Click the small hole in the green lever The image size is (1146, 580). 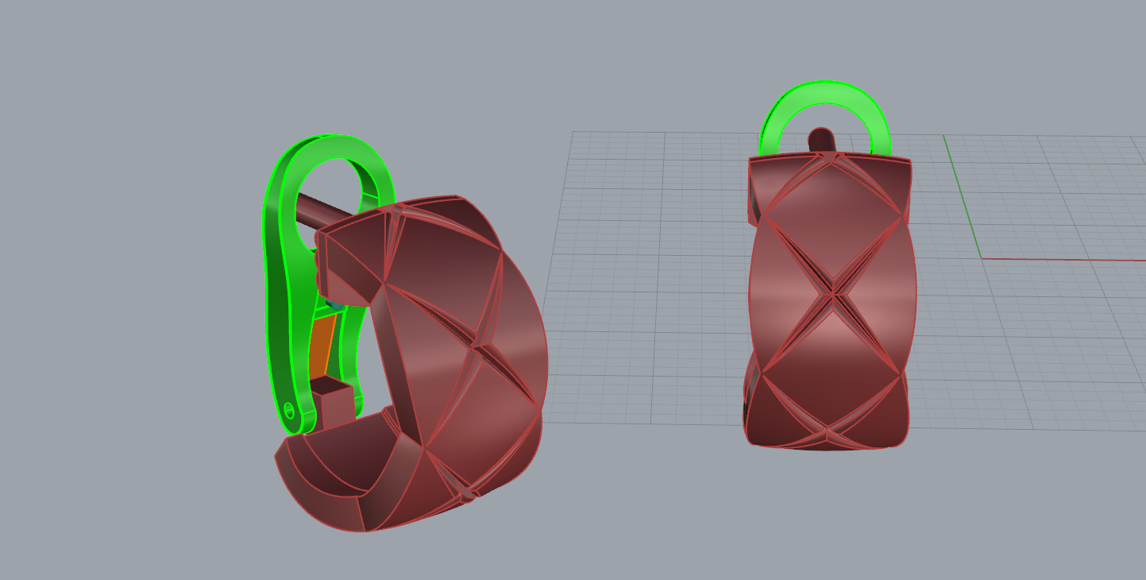coord(289,410)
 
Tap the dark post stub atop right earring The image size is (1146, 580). coord(821,141)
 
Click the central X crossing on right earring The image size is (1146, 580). coord(833,295)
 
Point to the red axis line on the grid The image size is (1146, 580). coord(1064,259)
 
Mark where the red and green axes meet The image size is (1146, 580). coord(982,258)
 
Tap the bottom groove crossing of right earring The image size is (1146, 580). coord(827,433)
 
